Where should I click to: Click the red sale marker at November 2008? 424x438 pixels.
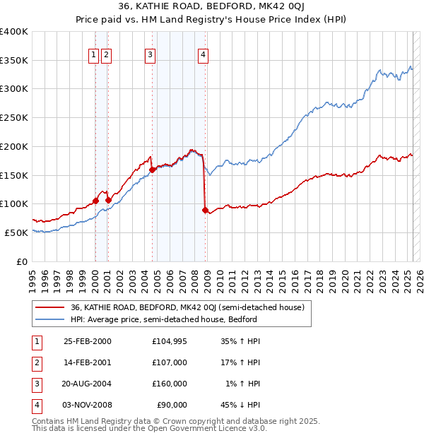pyautogui.click(x=205, y=210)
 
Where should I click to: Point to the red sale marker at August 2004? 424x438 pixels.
pyautogui.click(x=152, y=170)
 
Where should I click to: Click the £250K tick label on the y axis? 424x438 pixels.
pyautogui.click(x=14, y=117)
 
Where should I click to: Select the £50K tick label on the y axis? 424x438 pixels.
pyautogui.click(x=16, y=232)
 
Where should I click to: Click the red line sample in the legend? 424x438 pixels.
pyautogui.click(x=49, y=307)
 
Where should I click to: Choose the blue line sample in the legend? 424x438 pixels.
pyautogui.click(x=49, y=319)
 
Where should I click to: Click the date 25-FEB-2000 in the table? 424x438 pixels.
pyautogui.click(x=88, y=341)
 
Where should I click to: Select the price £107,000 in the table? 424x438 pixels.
pyautogui.click(x=170, y=362)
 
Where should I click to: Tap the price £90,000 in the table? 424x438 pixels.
pyautogui.click(x=172, y=405)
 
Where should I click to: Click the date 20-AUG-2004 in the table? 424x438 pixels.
pyautogui.click(x=88, y=384)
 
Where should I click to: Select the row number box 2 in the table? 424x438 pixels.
pyautogui.click(x=37, y=362)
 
